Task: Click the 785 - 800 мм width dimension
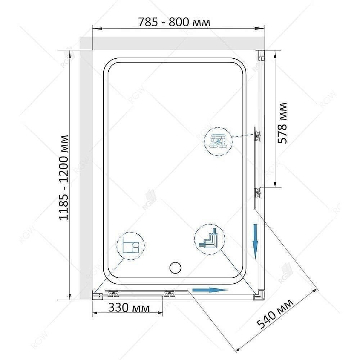point(174,22)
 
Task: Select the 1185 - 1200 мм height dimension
point(64,177)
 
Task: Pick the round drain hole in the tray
point(175,268)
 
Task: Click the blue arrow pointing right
point(210,290)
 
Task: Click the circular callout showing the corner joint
point(209,240)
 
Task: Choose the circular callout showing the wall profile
point(130,246)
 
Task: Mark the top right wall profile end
point(261,55)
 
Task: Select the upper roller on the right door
point(257,135)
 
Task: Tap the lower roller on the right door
point(257,193)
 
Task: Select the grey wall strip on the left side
point(86,173)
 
